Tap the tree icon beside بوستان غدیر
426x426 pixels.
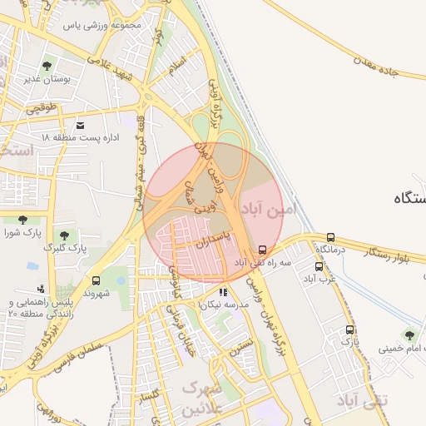click(44, 66)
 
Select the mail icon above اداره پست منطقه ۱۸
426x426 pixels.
click(81, 126)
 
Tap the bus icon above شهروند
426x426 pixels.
click(97, 281)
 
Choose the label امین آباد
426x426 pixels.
click(268, 209)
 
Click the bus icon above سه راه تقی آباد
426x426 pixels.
click(264, 250)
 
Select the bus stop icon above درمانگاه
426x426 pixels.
click(331, 237)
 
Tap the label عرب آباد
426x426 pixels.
click(319, 278)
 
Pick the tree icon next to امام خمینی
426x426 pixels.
click(407, 336)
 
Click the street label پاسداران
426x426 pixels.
click(213, 244)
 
